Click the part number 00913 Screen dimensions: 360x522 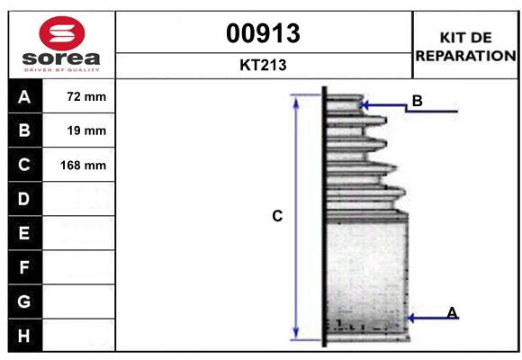(264, 33)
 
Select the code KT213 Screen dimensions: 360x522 (264, 65)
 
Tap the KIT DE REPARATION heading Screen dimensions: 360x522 (465, 46)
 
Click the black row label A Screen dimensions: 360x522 (23, 96)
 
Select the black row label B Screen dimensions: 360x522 (23, 130)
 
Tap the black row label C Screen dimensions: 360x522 (23, 166)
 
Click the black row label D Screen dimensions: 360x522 (23, 199)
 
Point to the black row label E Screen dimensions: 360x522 (23, 233)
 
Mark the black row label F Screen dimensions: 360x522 (23, 267)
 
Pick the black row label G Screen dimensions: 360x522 (23, 301)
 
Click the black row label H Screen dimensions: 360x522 (23, 336)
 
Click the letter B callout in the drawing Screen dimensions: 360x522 (417, 101)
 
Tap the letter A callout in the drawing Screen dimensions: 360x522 (452, 312)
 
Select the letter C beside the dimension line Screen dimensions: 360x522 (277, 216)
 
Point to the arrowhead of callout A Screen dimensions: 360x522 (411, 318)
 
